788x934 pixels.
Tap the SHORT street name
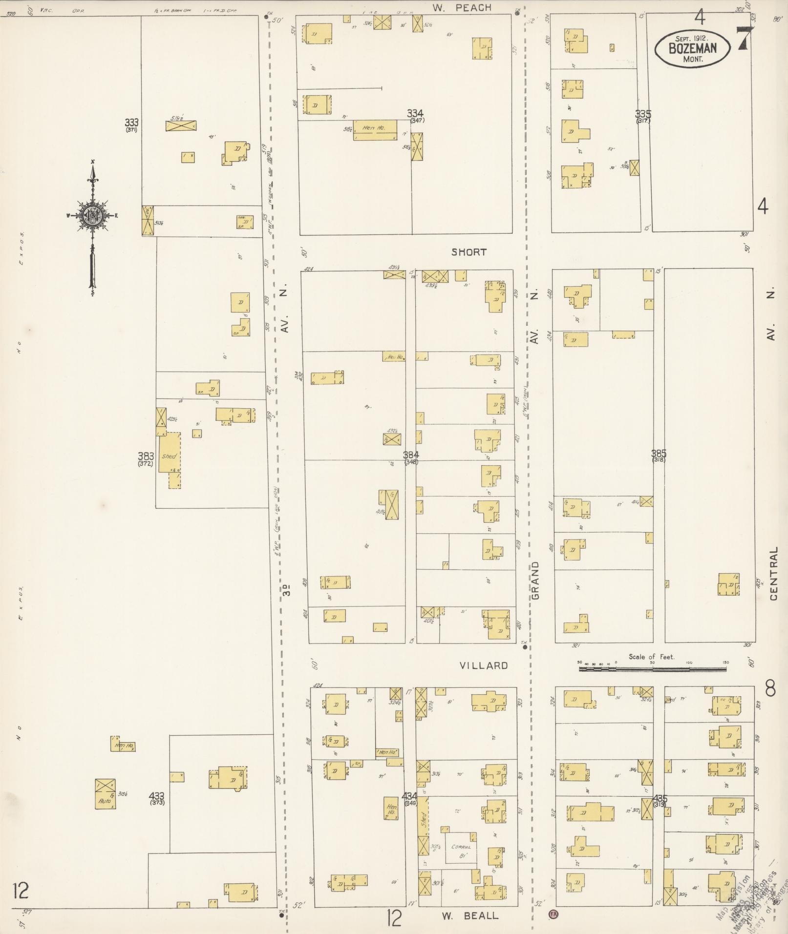pyautogui.click(x=469, y=252)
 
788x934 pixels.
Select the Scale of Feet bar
pyautogui.click(x=652, y=669)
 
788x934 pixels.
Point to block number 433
pyautogui.click(x=157, y=796)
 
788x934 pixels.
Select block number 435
pyautogui.click(x=659, y=799)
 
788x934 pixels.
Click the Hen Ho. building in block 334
pyautogui.click(x=374, y=128)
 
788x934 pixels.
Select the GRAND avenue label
pyautogui.click(x=535, y=580)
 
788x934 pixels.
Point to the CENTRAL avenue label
pyautogui.click(x=773, y=573)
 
